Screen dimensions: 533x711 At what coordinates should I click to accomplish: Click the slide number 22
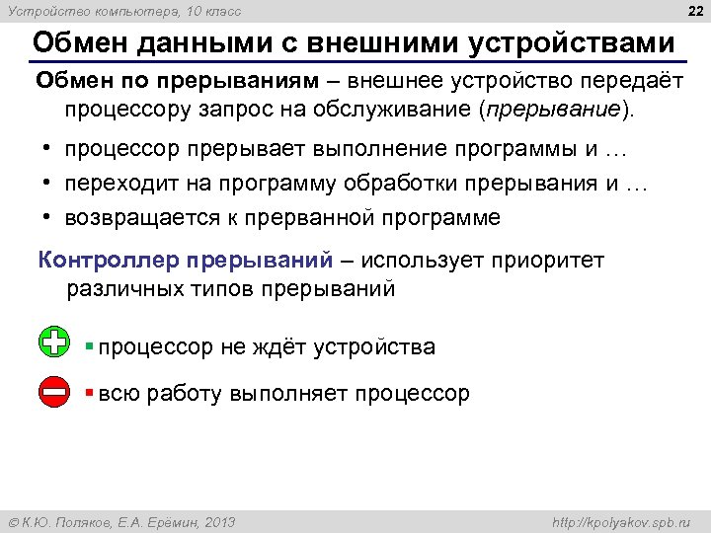tap(690, 11)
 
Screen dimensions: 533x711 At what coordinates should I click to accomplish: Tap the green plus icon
tap(55, 343)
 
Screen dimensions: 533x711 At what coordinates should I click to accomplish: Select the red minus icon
tap(55, 391)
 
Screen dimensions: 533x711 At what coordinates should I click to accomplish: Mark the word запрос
tap(230, 108)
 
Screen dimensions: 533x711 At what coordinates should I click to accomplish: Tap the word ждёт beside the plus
tap(280, 347)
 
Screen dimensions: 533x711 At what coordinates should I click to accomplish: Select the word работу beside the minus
tap(184, 394)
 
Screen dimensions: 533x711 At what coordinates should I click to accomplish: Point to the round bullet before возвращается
tap(47, 217)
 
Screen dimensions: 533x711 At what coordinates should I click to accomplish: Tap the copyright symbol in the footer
tap(14, 522)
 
